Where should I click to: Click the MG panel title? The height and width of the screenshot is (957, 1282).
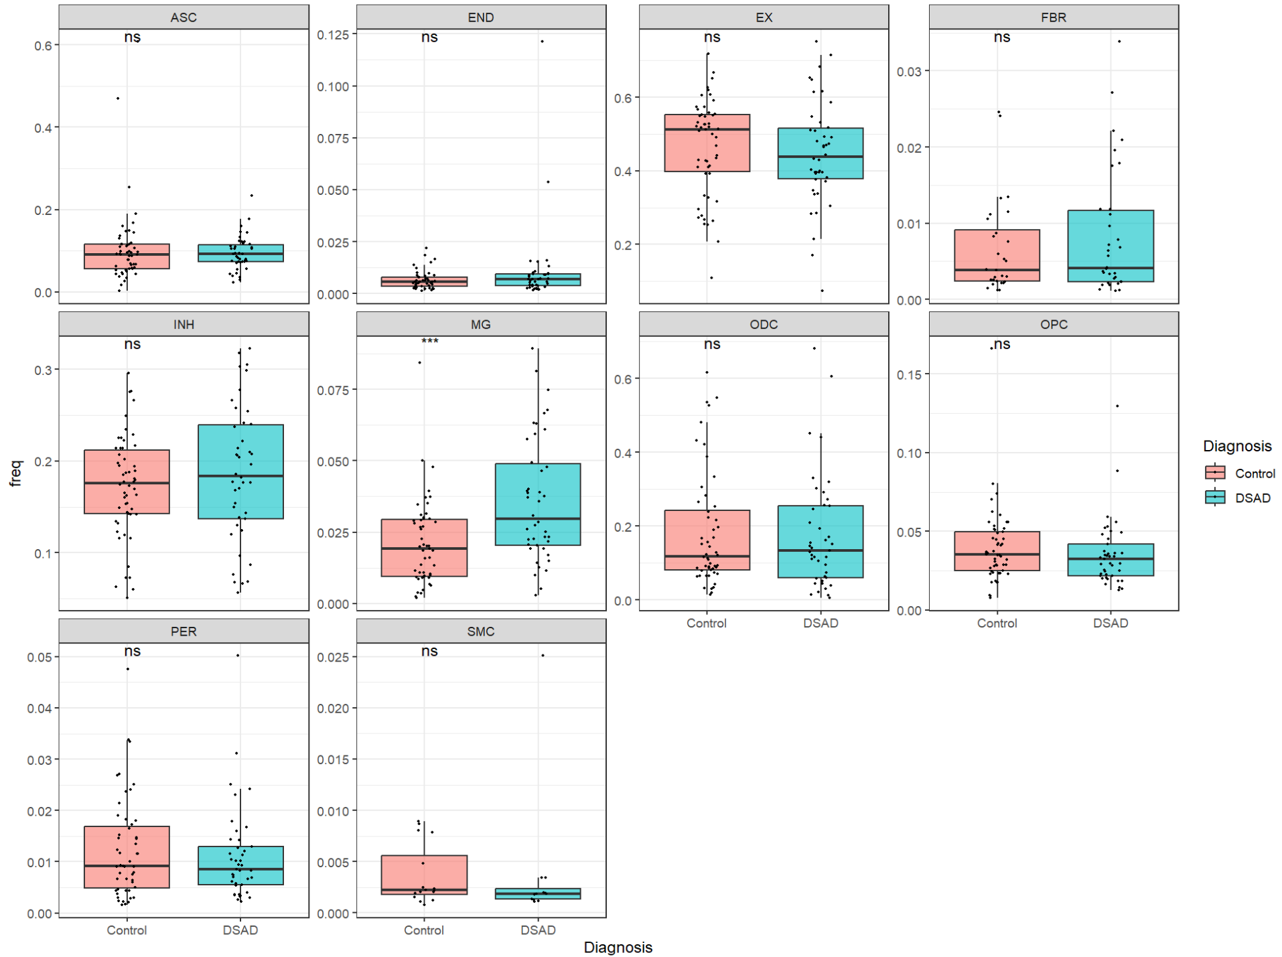pyautogui.click(x=480, y=324)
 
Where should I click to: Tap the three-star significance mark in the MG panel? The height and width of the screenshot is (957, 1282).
pyautogui.click(x=429, y=342)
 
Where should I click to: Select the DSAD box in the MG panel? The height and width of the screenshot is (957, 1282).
pyautogui.click(x=537, y=504)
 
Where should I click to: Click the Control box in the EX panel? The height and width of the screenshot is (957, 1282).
pyautogui.click(x=707, y=143)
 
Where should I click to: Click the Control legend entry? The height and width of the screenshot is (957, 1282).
pyautogui.click(x=1255, y=473)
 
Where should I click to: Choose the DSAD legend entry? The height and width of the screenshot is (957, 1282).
pyautogui.click(x=1252, y=498)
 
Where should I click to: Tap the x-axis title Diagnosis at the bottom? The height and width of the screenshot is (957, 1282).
pyautogui.click(x=618, y=947)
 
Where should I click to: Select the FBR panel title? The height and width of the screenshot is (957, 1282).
pyautogui.click(x=1053, y=17)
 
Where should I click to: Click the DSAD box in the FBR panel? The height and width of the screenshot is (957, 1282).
pyautogui.click(x=1110, y=246)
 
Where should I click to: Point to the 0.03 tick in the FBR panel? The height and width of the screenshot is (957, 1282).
pyautogui.click(x=909, y=72)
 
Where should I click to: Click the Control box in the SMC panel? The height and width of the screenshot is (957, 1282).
pyautogui.click(x=424, y=874)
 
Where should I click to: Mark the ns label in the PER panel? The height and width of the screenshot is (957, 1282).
pyautogui.click(x=132, y=651)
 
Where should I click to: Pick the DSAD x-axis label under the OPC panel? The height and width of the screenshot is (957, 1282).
pyautogui.click(x=1110, y=623)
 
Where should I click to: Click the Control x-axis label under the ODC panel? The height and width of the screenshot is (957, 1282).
pyautogui.click(x=706, y=623)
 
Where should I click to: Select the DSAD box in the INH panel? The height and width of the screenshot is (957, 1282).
pyautogui.click(x=240, y=471)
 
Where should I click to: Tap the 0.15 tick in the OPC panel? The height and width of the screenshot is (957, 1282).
pyautogui.click(x=909, y=374)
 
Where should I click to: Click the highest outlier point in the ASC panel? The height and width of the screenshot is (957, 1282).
pyautogui.click(x=118, y=98)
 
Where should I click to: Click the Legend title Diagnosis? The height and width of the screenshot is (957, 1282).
pyautogui.click(x=1236, y=446)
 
